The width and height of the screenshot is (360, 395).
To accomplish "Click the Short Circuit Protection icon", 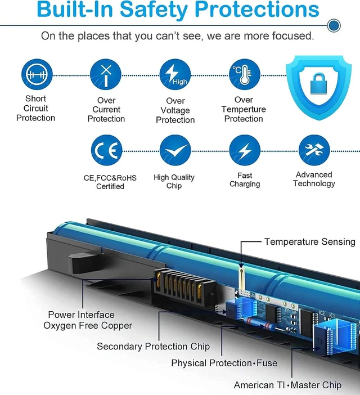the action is pos(37,74).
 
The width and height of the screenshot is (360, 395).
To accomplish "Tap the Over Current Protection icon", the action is pos(106,74).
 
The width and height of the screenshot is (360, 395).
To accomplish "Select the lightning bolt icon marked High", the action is pos(175,74).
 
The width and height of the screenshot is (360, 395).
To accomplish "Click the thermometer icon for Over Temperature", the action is pos(245,74).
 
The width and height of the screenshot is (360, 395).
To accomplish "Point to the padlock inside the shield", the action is pos(318,84).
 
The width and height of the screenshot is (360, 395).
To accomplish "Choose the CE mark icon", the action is pos(106,150).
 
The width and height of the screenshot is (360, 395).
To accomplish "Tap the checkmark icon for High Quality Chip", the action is pos(175,150).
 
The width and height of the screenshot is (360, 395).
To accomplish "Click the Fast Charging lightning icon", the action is pos(245,150).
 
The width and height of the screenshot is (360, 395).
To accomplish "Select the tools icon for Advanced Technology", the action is pos(314,150).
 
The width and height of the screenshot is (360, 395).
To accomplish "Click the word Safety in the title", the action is pos(154,10).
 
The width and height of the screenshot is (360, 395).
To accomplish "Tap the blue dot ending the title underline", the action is pos(334,25).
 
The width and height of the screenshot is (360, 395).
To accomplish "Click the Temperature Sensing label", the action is pos(309,241).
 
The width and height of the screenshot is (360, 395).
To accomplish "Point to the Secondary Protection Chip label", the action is pos(154,347).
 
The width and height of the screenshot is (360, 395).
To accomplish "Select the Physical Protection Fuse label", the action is pos(224,363).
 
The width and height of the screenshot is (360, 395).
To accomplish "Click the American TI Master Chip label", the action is pos(288,385).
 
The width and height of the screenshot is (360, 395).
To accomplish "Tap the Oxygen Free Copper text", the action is pos(88,325).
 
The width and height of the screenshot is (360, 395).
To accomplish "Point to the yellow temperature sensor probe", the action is pos(241,279).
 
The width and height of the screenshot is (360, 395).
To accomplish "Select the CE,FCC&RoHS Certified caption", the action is pos(110,182).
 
